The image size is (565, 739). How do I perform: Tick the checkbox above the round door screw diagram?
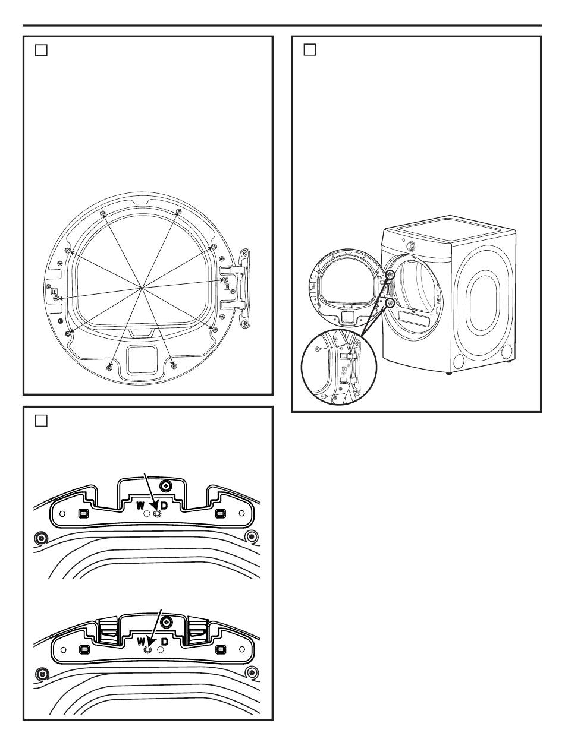tap(41, 50)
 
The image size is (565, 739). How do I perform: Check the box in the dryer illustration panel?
tap(310, 50)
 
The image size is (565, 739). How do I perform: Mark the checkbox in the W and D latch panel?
tap(41, 421)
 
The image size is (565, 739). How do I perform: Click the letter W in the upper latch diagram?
tap(141, 506)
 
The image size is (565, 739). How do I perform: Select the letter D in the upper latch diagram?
tap(164, 506)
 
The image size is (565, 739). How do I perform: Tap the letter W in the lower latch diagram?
tap(141, 642)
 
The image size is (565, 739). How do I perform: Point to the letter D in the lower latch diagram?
tap(165, 642)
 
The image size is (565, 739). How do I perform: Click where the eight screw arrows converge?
tap(143, 288)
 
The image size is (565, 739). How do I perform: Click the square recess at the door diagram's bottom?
tap(142, 360)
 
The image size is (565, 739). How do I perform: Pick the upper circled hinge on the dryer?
tap(390, 274)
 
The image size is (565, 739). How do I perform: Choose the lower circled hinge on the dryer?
tap(390, 302)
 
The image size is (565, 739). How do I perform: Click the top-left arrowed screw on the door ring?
tap(103, 213)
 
